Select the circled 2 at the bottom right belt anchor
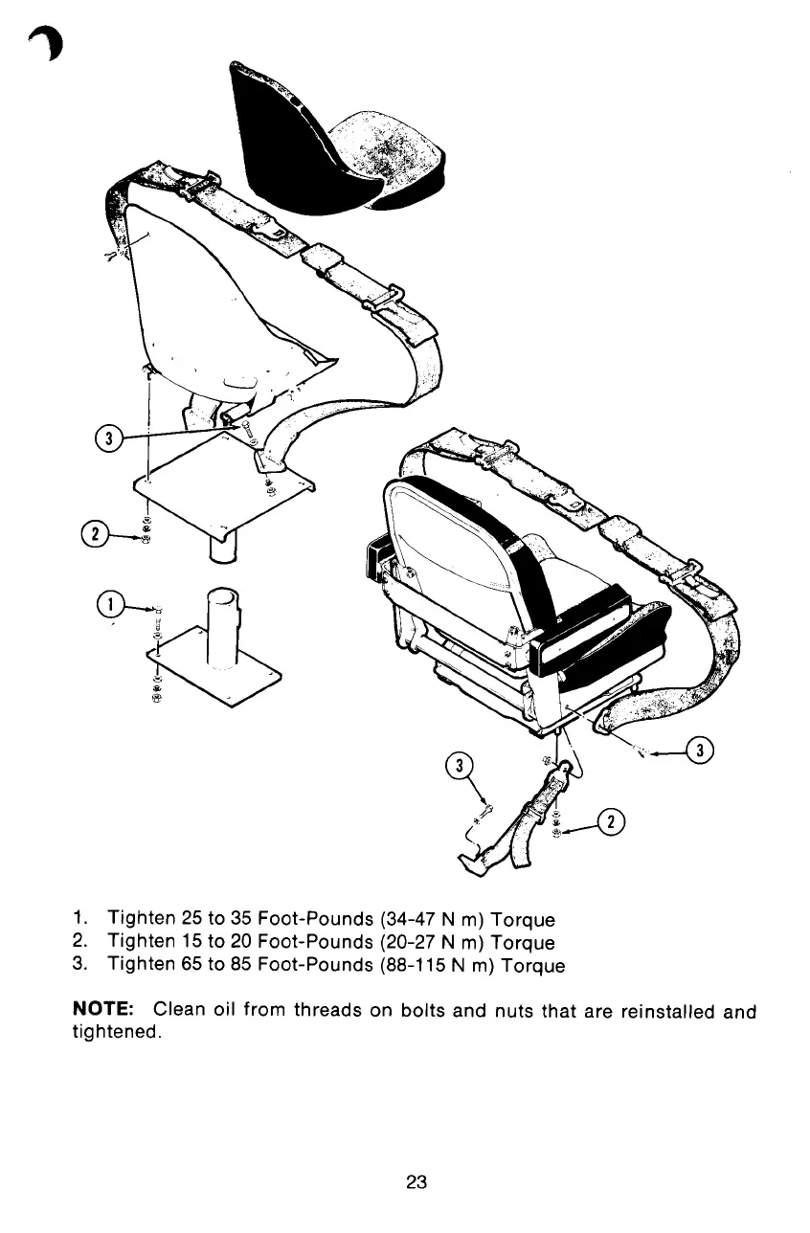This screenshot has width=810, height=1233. [609, 822]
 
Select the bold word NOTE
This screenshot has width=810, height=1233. [108, 1011]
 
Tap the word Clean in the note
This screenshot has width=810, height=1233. [176, 1011]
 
